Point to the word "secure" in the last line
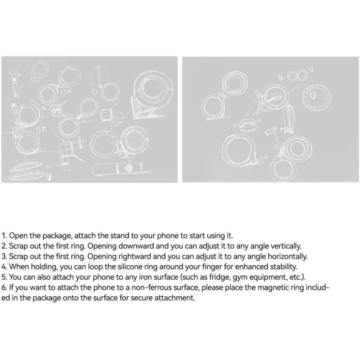[139, 298]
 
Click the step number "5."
[4, 277]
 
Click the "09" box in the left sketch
[56, 111]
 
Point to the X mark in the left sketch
[14, 106]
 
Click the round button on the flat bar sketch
[129, 168]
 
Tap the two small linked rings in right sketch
[297, 75]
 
